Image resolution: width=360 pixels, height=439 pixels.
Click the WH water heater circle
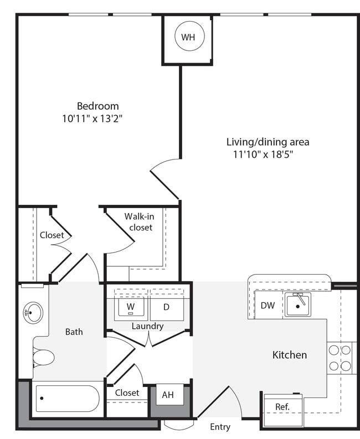point(188,37)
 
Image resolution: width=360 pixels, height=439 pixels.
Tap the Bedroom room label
point(97,106)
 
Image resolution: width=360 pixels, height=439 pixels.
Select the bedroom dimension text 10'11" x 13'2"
point(92,118)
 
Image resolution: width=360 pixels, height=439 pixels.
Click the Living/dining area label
point(268,142)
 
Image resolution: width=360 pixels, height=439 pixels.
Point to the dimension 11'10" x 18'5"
point(263,154)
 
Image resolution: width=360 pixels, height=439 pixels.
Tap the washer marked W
point(131,307)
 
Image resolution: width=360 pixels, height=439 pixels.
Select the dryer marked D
point(167,307)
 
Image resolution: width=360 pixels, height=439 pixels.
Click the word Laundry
point(147,326)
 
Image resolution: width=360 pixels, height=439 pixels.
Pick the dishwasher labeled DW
point(267,306)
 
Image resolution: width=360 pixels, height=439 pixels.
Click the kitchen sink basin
point(298,304)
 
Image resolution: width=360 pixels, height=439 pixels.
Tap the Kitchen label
point(289,355)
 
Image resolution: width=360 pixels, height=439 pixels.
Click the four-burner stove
point(340,358)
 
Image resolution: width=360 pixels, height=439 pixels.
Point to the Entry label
point(220,427)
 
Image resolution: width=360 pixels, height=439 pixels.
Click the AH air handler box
point(168,395)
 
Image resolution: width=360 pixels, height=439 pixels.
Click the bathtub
point(67,398)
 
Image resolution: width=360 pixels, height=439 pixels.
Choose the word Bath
point(74,332)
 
